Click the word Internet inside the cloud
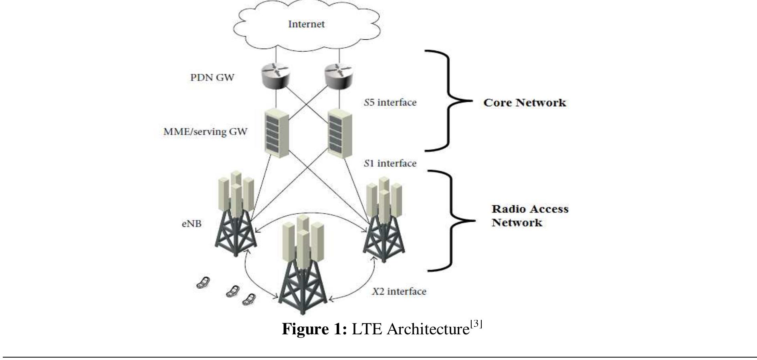pos(306,24)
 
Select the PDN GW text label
pos(212,77)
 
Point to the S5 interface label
pos(390,103)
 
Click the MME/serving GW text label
pos(205,131)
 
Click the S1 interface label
pos(390,164)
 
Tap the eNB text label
pos(192,224)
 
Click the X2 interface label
pos(399,291)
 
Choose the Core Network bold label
pos(525,103)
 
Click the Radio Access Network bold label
pos(530,216)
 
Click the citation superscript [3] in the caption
pos(476,324)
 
